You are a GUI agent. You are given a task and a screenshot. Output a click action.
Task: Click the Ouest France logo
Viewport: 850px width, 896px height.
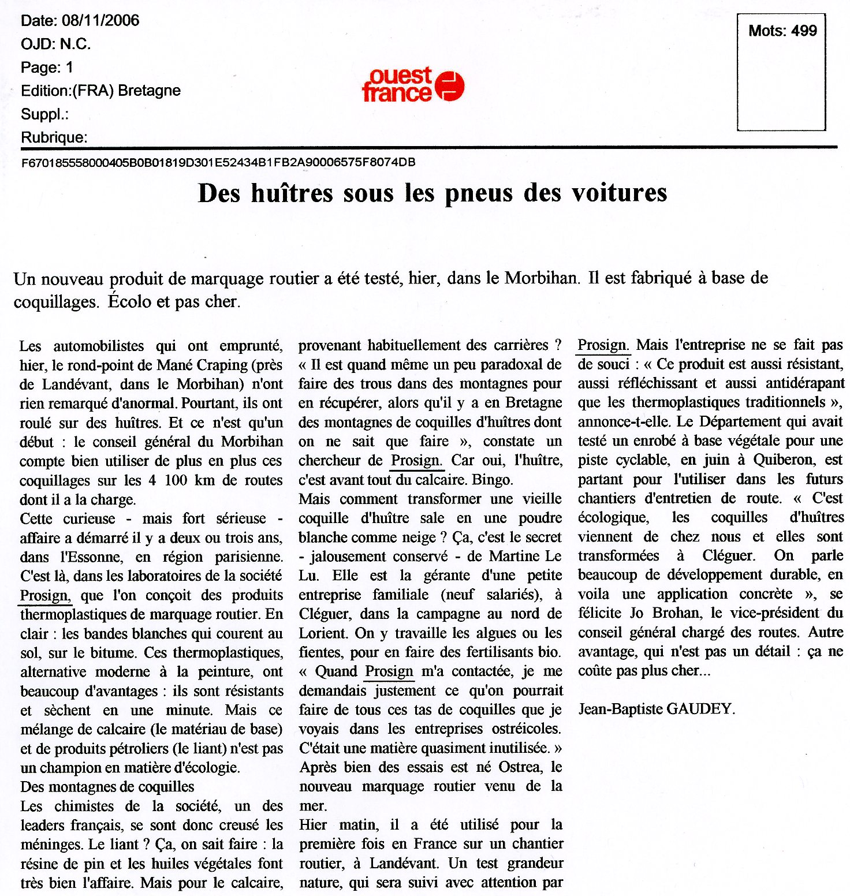point(413,85)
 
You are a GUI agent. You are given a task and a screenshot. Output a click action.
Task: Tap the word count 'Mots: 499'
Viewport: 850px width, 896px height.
point(782,31)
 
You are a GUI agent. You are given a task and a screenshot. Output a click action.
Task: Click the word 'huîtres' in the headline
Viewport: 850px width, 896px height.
point(292,193)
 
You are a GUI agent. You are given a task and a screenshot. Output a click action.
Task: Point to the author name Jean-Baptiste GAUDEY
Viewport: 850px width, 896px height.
point(657,709)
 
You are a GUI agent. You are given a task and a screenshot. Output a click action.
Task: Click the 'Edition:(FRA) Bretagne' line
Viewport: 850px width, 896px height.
point(100,91)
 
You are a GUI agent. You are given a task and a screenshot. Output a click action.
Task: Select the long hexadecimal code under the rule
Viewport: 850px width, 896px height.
point(218,163)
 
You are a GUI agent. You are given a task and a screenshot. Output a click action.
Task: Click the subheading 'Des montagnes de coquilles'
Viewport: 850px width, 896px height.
point(107,787)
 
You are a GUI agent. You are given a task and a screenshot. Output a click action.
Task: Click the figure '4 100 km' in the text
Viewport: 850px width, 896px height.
point(183,480)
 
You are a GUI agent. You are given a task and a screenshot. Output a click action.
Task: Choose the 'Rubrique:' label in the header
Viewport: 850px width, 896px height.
point(54,137)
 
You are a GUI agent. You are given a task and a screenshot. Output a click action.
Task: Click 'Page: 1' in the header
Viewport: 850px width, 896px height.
point(47,68)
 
